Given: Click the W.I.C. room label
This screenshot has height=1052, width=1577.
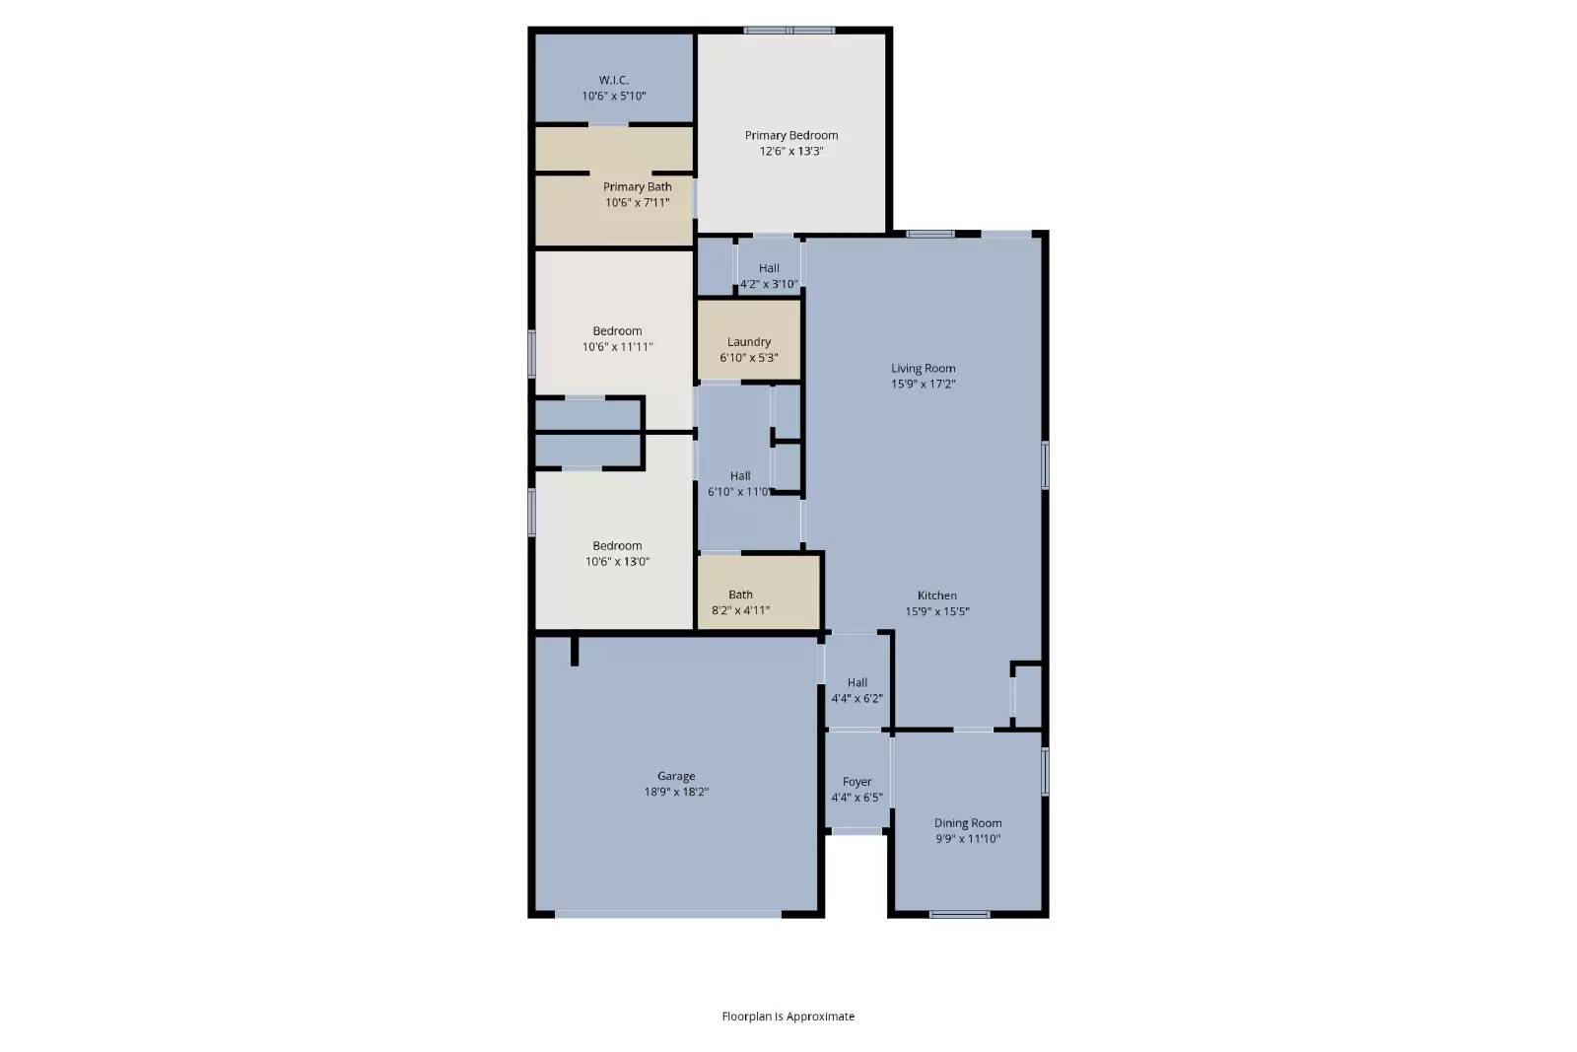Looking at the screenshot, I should point(613,80).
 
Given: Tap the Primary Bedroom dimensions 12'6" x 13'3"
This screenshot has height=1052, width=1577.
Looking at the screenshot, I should point(790,152).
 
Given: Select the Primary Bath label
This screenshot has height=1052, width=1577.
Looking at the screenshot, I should point(637,186).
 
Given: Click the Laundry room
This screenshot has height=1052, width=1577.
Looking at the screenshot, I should point(748,342).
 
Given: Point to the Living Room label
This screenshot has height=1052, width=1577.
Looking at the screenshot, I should point(923,368).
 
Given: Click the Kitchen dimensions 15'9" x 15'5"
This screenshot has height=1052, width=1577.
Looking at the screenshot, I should point(936,611).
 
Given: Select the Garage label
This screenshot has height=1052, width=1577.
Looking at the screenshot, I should point(676,776).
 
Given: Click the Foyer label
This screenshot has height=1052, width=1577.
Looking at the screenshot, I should point(857,782).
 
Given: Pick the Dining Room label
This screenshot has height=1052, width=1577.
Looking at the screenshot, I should point(967,823).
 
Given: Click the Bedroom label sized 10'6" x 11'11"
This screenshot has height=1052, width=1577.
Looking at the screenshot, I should point(617,331).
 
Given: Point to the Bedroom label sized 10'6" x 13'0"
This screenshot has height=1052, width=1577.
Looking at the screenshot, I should point(617,546).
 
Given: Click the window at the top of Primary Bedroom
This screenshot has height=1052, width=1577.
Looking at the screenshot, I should point(789,31).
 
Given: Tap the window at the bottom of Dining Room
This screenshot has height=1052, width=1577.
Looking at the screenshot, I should point(959,914).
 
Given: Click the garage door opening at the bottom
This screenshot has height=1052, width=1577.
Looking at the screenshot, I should point(668,914).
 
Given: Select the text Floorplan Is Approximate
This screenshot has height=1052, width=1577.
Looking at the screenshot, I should point(788,1017).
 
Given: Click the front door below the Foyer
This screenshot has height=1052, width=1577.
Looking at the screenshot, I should point(857,832).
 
